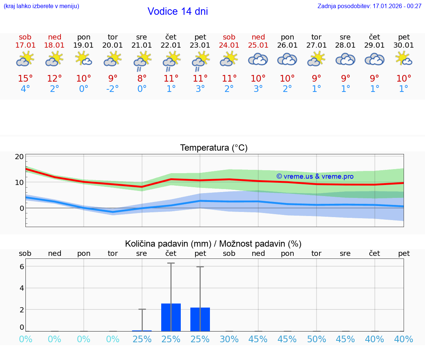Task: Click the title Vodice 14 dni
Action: coord(177,11)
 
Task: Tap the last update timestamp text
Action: coord(369,6)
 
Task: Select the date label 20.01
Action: coord(113,45)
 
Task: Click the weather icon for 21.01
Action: coord(142,60)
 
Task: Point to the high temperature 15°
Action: coord(25,78)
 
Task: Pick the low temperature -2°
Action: coord(113,89)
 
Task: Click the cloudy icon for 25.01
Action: coord(258,59)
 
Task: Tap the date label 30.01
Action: coord(404,45)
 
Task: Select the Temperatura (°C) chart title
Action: coord(214,148)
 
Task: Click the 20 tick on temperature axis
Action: coord(19,157)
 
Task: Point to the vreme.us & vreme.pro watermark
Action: coord(315,176)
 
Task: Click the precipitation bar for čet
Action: coord(171,317)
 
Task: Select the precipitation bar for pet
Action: coord(200,319)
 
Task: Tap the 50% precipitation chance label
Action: coord(316,339)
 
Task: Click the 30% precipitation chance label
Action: coord(229,339)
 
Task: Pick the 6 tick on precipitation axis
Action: coord(22,266)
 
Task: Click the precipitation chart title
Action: coord(213,244)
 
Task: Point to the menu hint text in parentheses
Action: coord(41,6)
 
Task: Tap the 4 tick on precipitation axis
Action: coord(22,288)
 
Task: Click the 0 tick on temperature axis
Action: coord(22,208)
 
